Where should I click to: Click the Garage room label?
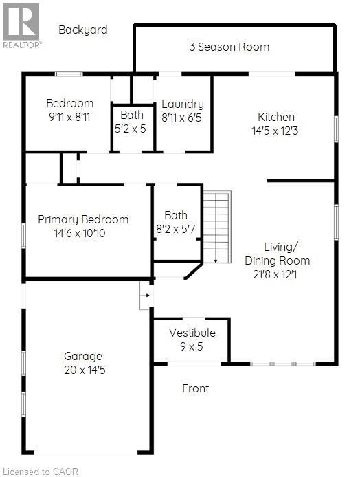(x=83, y=356)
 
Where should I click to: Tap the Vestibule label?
(x=192, y=333)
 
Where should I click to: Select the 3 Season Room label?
(x=229, y=47)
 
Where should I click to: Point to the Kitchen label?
(x=276, y=117)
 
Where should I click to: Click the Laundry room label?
(x=183, y=104)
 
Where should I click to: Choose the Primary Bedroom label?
(x=83, y=219)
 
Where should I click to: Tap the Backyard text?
(x=83, y=30)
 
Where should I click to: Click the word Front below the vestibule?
(x=195, y=388)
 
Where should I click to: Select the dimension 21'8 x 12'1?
(x=278, y=274)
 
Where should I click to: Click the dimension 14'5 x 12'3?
(x=276, y=131)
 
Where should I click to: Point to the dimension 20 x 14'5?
(x=83, y=370)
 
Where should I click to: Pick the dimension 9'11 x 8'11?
(x=69, y=117)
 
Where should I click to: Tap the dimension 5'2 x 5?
(x=133, y=128)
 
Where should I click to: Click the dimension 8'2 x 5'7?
(x=176, y=228)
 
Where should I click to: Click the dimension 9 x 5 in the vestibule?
(x=192, y=346)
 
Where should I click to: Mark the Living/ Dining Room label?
(x=278, y=254)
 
